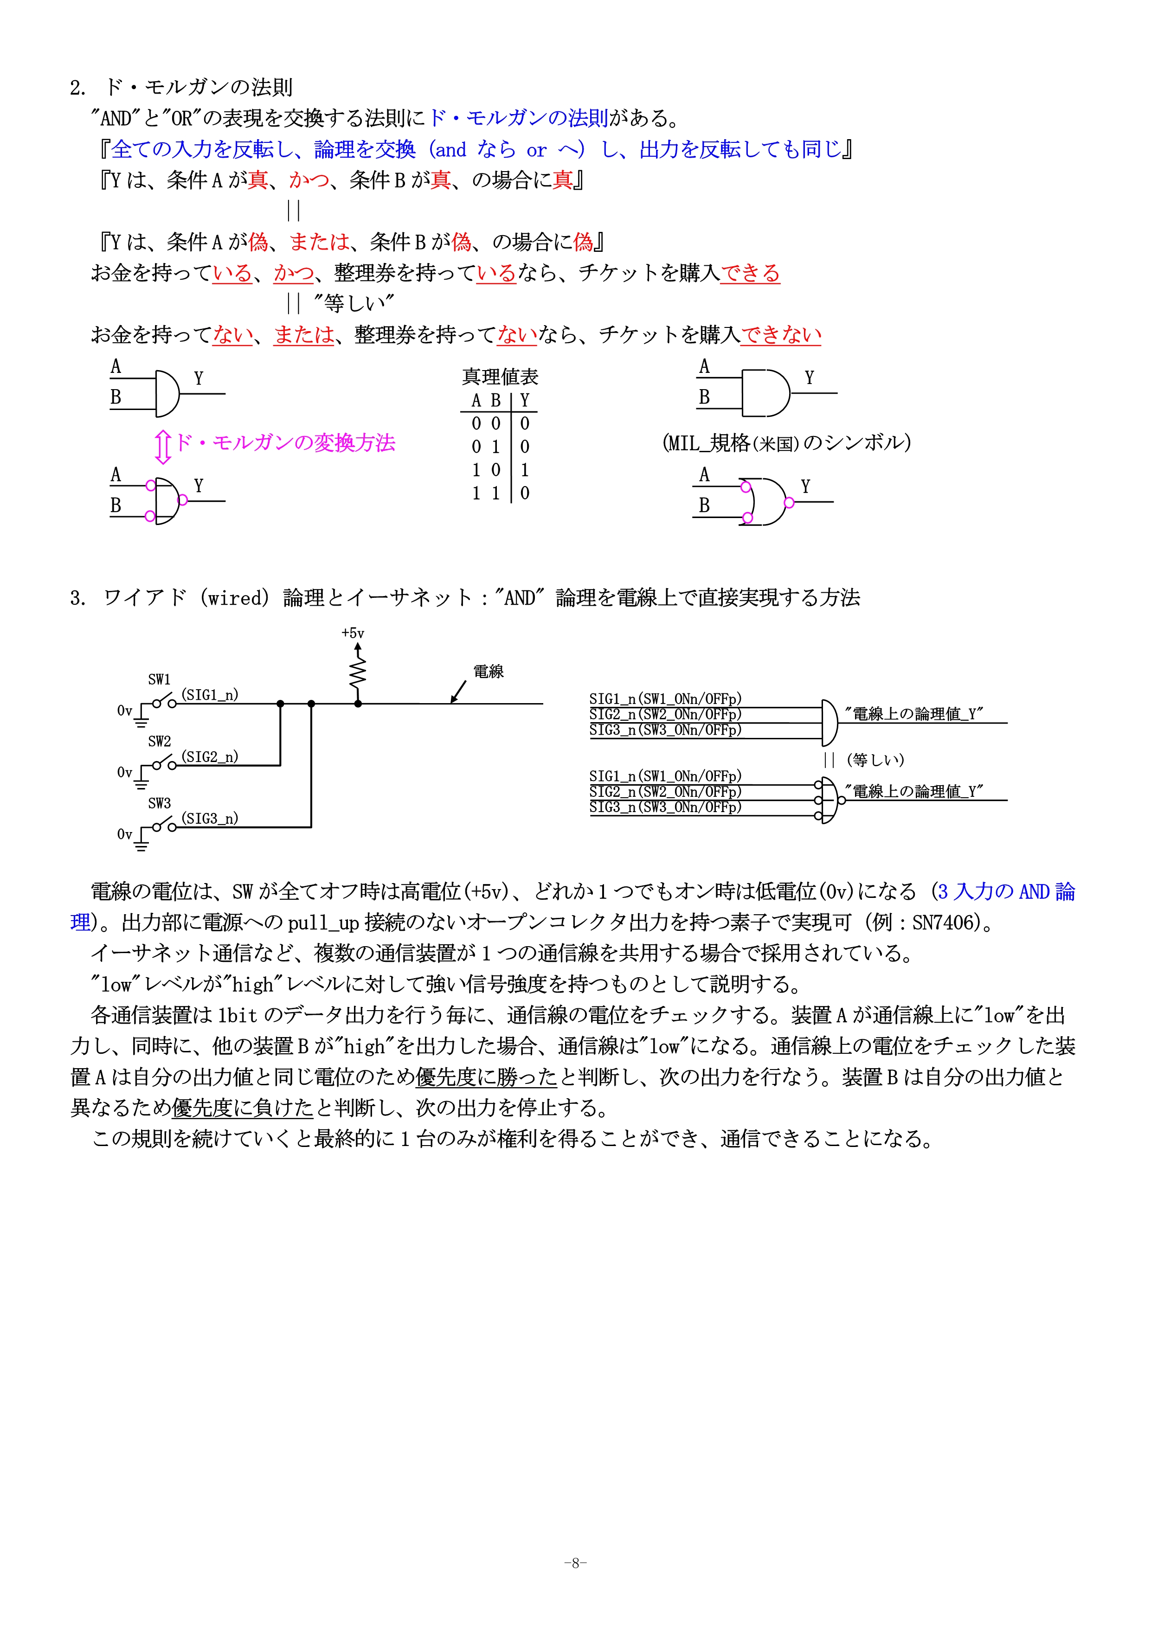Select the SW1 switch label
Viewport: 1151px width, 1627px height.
tap(160, 679)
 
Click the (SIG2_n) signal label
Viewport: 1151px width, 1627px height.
tap(210, 757)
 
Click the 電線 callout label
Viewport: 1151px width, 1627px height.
tap(489, 671)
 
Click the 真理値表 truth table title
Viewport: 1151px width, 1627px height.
tap(501, 376)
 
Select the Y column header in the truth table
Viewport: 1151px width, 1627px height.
tap(525, 400)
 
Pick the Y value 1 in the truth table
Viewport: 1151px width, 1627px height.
tap(525, 470)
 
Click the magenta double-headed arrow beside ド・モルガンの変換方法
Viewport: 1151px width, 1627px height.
tap(163, 447)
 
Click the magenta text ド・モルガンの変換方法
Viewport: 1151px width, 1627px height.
tap(285, 443)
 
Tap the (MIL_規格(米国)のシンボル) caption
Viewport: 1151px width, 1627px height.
tap(786, 443)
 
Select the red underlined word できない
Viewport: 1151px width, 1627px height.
tap(781, 334)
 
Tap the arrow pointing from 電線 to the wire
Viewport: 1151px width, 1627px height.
tap(458, 692)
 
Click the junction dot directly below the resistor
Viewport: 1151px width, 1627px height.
tap(358, 704)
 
